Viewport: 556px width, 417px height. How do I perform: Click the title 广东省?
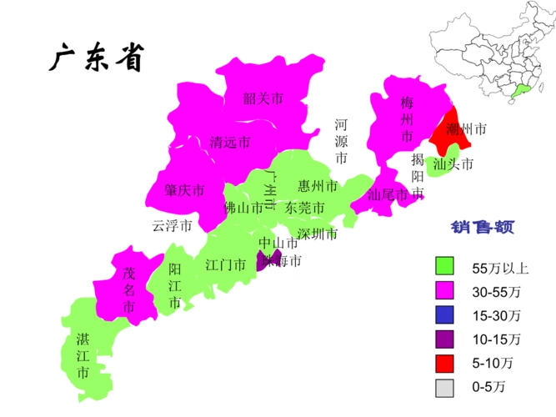[x=98, y=58]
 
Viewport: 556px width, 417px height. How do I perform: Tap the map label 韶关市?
[x=263, y=99]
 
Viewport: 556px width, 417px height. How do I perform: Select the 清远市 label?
[x=230, y=142]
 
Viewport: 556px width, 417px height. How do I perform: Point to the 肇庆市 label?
[x=184, y=191]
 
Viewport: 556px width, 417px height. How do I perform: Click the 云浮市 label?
[x=173, y=225]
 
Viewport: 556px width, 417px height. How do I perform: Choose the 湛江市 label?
[x=83, y=356]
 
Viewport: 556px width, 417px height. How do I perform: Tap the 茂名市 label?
[x=128, y=290]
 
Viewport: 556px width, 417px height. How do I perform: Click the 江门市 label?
[x=225, y=265]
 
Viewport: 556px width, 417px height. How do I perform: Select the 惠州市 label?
[x=318, y=185]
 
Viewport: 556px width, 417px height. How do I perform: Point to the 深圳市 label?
[x=318, y=234]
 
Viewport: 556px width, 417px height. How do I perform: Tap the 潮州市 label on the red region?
[x=465, y=129]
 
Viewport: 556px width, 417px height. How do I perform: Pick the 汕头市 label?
[x=453, y=164]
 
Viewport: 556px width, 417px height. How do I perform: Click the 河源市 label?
[x=341, y=141]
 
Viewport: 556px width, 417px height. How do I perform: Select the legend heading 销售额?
[x=482, y=227]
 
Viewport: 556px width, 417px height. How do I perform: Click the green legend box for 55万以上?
[x=445, y=267]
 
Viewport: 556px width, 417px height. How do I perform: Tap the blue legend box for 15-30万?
[x=445, y=315]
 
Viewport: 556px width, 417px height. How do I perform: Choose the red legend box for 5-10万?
[x=445, y=363]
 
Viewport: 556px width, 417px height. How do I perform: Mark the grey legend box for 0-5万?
[x=445, y=387]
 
